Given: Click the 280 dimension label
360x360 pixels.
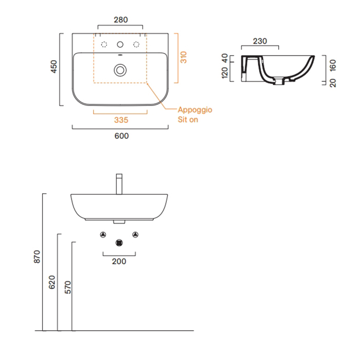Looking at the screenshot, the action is (x=121, y=20).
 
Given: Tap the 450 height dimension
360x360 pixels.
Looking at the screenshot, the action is (x=53, y=66).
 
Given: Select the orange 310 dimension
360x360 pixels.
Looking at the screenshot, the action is (x=184, y=57).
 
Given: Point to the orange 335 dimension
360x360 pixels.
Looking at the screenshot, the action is (x=121, y=120).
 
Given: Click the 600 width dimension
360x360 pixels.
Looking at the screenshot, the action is (x=122, y=136).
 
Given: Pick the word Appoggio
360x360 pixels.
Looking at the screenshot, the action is (x=195, y=110).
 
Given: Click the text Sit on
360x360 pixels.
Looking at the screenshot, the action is (x=188, y=120).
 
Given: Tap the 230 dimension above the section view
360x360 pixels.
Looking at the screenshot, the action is (x=260, y=41).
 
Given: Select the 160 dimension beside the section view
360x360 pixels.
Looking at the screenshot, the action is (x=333, y=65).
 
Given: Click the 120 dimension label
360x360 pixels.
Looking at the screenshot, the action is (x=225, y=73).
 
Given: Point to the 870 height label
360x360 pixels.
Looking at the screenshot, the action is (x=37, y=257).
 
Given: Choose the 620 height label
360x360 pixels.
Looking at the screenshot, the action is (x=52, y=282).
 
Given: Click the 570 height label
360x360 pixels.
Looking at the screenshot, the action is (x=68, y=287).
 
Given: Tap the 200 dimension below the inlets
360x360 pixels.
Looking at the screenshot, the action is (x=119, y=261).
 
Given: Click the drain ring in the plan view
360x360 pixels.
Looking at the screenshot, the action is (x=120, y=70).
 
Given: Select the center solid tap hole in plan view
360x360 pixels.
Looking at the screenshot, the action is (x=120, y=44).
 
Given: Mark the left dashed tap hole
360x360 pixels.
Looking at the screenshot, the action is (x=104, y=44).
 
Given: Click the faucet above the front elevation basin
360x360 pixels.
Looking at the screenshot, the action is (x=119, y=184).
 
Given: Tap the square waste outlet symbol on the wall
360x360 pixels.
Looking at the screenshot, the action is (x=119, y=243).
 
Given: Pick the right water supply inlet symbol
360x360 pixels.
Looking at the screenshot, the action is (x=135, y=235).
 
